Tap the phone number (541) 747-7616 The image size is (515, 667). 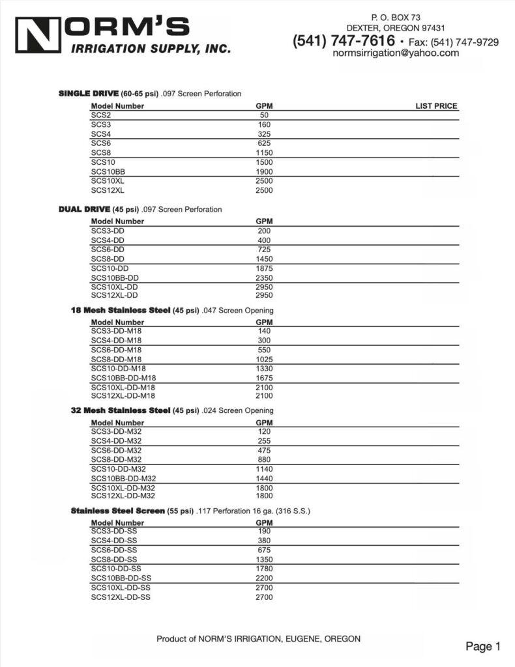344,41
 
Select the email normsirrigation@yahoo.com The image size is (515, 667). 396,53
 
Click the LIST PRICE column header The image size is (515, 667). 436,106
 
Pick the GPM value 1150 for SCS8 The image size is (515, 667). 264,152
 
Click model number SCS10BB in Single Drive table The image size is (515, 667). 108,171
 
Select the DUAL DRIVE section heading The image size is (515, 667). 84,209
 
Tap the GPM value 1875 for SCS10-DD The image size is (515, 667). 264,268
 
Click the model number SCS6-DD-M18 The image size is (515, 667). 117,350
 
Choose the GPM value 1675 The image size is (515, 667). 264,378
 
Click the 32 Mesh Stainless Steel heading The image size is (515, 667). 120,410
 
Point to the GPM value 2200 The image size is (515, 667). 264,578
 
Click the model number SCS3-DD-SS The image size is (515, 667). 114,531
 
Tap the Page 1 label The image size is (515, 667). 482,646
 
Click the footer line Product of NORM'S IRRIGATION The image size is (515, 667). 258,639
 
